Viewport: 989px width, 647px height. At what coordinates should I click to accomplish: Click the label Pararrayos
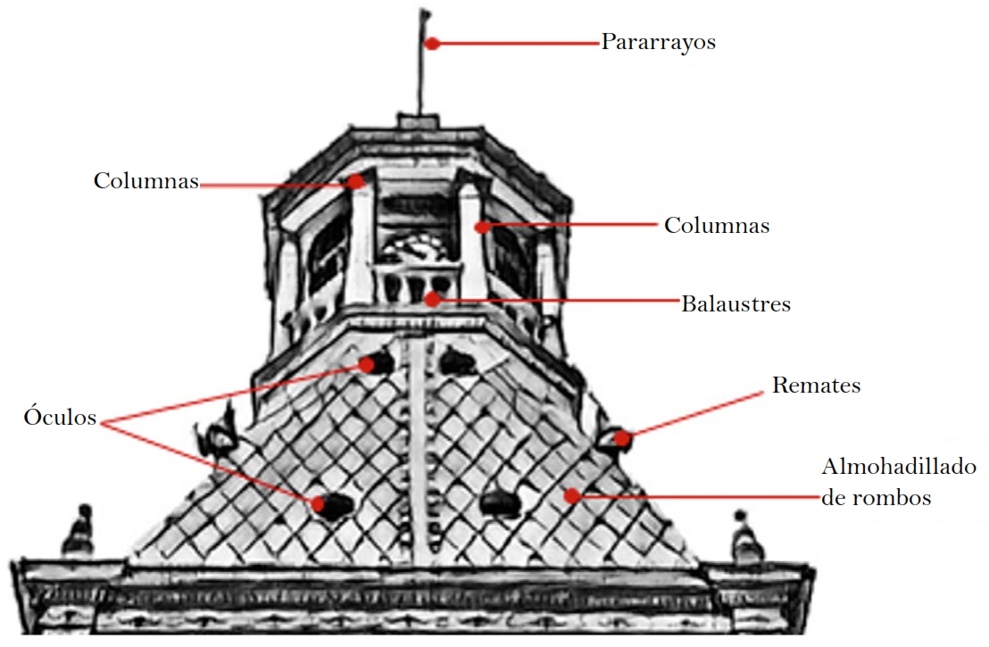[x=658, y=42]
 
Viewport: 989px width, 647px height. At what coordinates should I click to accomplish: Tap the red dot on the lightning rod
[x=431, y=43]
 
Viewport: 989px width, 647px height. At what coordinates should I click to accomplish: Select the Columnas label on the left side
[x=145, y=180]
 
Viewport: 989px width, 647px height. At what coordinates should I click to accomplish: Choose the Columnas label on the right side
[x=716, y=225]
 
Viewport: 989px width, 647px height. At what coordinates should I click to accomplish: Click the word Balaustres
[x=736, y=303]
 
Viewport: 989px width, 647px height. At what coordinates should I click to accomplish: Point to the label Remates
[x=816, y=386]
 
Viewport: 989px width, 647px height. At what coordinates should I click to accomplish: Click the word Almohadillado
[x=898, y=467]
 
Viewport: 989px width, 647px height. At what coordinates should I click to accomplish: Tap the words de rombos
[x=876, y=498]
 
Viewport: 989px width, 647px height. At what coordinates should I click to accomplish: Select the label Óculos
[x=60, y=418]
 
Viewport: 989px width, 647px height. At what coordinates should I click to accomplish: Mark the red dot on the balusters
[x=432, y=299]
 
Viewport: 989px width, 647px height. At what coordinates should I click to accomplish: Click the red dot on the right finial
[x=622, y=438]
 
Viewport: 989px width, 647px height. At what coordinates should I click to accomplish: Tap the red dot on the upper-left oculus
[x=367, y=363]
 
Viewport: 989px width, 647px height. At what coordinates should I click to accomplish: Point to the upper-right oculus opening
[x=457, y=361]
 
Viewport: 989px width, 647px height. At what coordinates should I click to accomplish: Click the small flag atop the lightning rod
[x=425, y=16]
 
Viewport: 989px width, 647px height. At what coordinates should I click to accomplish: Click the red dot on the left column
[x=357, y=181]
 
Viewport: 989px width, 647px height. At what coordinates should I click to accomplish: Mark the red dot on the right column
[x=482, y=227]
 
